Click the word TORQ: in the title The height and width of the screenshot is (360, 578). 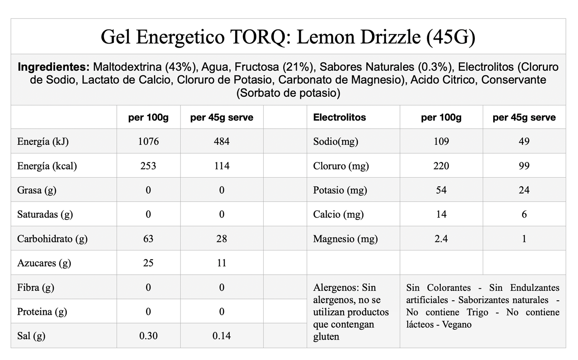[x=260, y=37]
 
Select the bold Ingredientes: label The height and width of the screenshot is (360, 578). [x=54, y=67]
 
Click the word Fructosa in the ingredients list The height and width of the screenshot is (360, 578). [x=257, y=67]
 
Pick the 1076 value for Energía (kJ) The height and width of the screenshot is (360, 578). [x=148, y=142]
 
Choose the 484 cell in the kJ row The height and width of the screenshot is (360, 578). [x=222, y=142]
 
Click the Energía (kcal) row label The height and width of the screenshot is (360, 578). [x=47, y=166]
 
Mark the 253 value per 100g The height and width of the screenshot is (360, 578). [x=148, y=166]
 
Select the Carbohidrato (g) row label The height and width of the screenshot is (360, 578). [x=52, y=239]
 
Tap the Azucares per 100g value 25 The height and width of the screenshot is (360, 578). [x=148, y=263]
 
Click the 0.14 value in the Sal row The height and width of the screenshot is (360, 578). [x=222, y=336]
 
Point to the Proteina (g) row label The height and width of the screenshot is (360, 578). [x=42, y=312]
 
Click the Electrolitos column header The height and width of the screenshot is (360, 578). [x=340, y=118]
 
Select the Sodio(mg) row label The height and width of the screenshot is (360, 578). [x=336, y=142]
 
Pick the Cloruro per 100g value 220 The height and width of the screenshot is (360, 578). [x=441, y=166]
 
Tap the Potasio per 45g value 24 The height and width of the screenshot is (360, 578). [x=524, y=190]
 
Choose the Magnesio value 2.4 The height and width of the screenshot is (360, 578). [x=441, y=239]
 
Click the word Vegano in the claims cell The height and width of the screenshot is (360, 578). [x=457, y=324]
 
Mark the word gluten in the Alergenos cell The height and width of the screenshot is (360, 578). [x=326, y=337]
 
